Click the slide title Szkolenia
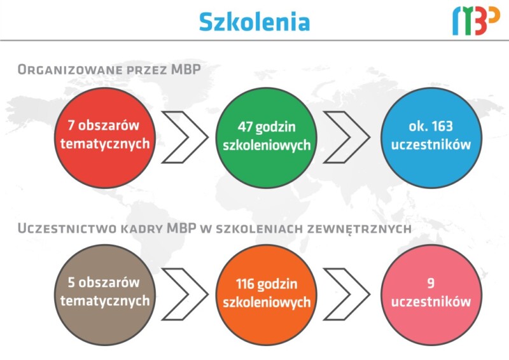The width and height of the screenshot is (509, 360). pos(254,22)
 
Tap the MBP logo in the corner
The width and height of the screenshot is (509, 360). pos(476,22)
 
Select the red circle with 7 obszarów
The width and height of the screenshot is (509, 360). pos(105,137)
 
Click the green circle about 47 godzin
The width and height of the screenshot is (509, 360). pos(266,137)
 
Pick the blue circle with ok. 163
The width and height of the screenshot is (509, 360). pos(431,137)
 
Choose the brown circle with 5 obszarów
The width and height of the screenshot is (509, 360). pos(105,294)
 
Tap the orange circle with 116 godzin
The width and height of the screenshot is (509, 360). pos(266,294)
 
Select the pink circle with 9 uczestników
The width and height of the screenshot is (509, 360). pos(431,294)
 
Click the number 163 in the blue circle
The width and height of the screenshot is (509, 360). pos(441,126)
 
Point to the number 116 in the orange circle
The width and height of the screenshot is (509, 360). pos(245,284)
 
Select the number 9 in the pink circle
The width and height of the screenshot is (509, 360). pos(431,283)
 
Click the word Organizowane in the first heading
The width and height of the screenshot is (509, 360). pos(70,69)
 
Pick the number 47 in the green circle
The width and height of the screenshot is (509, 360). pos(246,127)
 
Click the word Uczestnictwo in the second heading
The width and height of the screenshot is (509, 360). pos(67,228)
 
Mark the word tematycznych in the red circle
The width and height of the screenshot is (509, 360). pos(105,144)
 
